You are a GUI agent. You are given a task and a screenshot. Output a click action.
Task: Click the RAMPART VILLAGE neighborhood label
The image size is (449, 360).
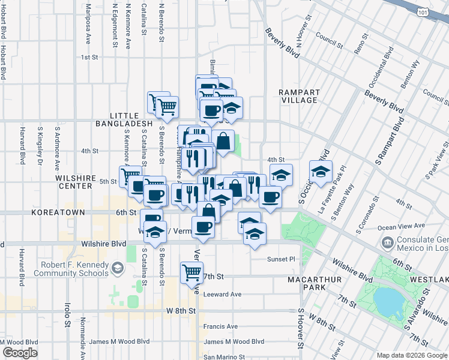(298, 96)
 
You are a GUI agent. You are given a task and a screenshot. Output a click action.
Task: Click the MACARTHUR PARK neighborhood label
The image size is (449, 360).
(314, 284)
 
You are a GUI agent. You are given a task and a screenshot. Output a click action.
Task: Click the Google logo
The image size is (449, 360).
(20, 353)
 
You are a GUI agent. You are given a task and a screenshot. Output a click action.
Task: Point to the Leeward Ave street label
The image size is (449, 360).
(222, 295)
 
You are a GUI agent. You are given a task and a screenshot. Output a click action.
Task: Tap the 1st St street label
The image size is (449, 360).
(89, 58)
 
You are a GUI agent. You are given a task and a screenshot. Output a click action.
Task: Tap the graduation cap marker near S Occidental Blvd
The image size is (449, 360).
(321, 172)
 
